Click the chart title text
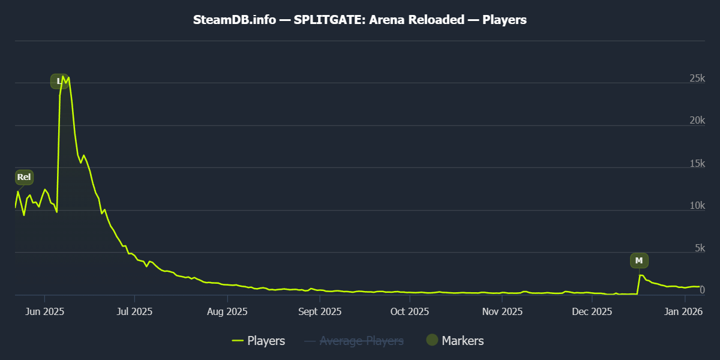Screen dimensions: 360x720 tap(360, 20)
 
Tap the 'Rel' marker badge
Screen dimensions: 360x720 tap(24, 177)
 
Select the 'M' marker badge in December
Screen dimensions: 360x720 tap(639, 260)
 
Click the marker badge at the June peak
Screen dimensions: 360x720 tap(59, 81)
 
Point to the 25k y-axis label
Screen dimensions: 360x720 tap(696, 79)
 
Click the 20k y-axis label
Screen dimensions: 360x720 tap(696, 121)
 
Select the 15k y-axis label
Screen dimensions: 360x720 tap(696, 164)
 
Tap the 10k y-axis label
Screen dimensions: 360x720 tap(696, 206)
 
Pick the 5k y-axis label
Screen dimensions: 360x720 tap(698, 248)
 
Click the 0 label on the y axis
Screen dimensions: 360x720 tap(701, 290)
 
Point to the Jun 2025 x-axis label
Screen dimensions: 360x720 tap(45, 312)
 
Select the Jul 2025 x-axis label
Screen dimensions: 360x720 tap(135, 312)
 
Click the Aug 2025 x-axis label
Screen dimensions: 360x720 tap(227, 312)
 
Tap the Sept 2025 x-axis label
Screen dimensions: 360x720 tap(320, 312)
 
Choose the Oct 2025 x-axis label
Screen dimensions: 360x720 tap(410, 312)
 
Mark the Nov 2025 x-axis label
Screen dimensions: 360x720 tap(502, 312)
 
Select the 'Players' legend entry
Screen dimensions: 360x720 tap(259, 341)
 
